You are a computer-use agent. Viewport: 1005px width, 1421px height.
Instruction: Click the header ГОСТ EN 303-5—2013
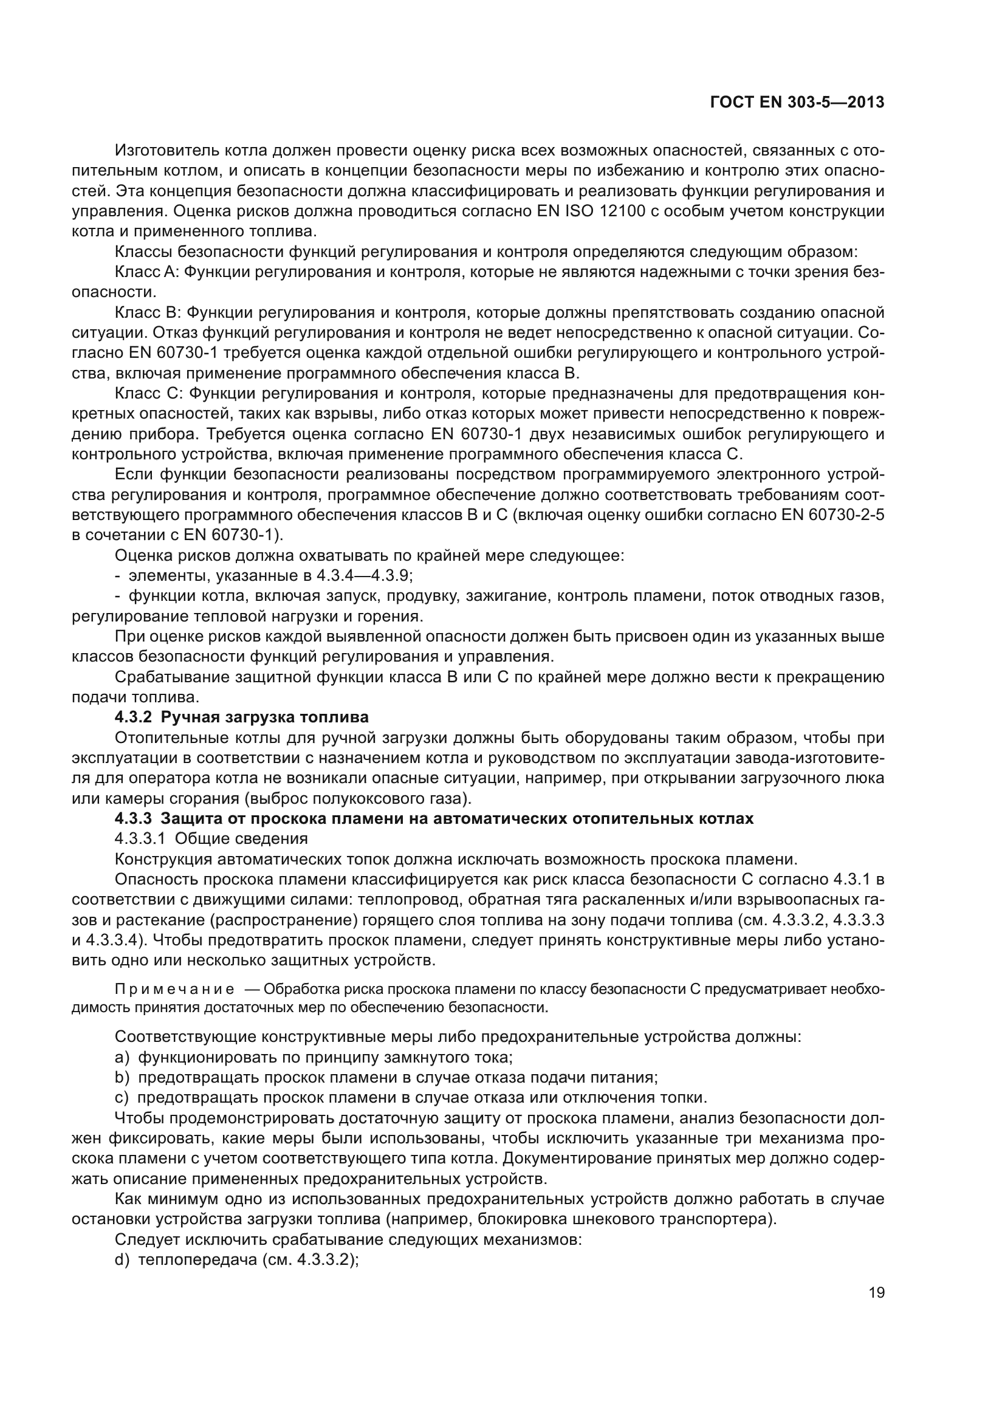click(797, 103)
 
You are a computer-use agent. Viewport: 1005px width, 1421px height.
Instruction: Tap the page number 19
click(876, 1293)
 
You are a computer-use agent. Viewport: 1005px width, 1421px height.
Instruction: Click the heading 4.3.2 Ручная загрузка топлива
click(241, 717)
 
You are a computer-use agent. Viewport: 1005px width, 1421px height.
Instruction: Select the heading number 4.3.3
click(133, 819)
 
